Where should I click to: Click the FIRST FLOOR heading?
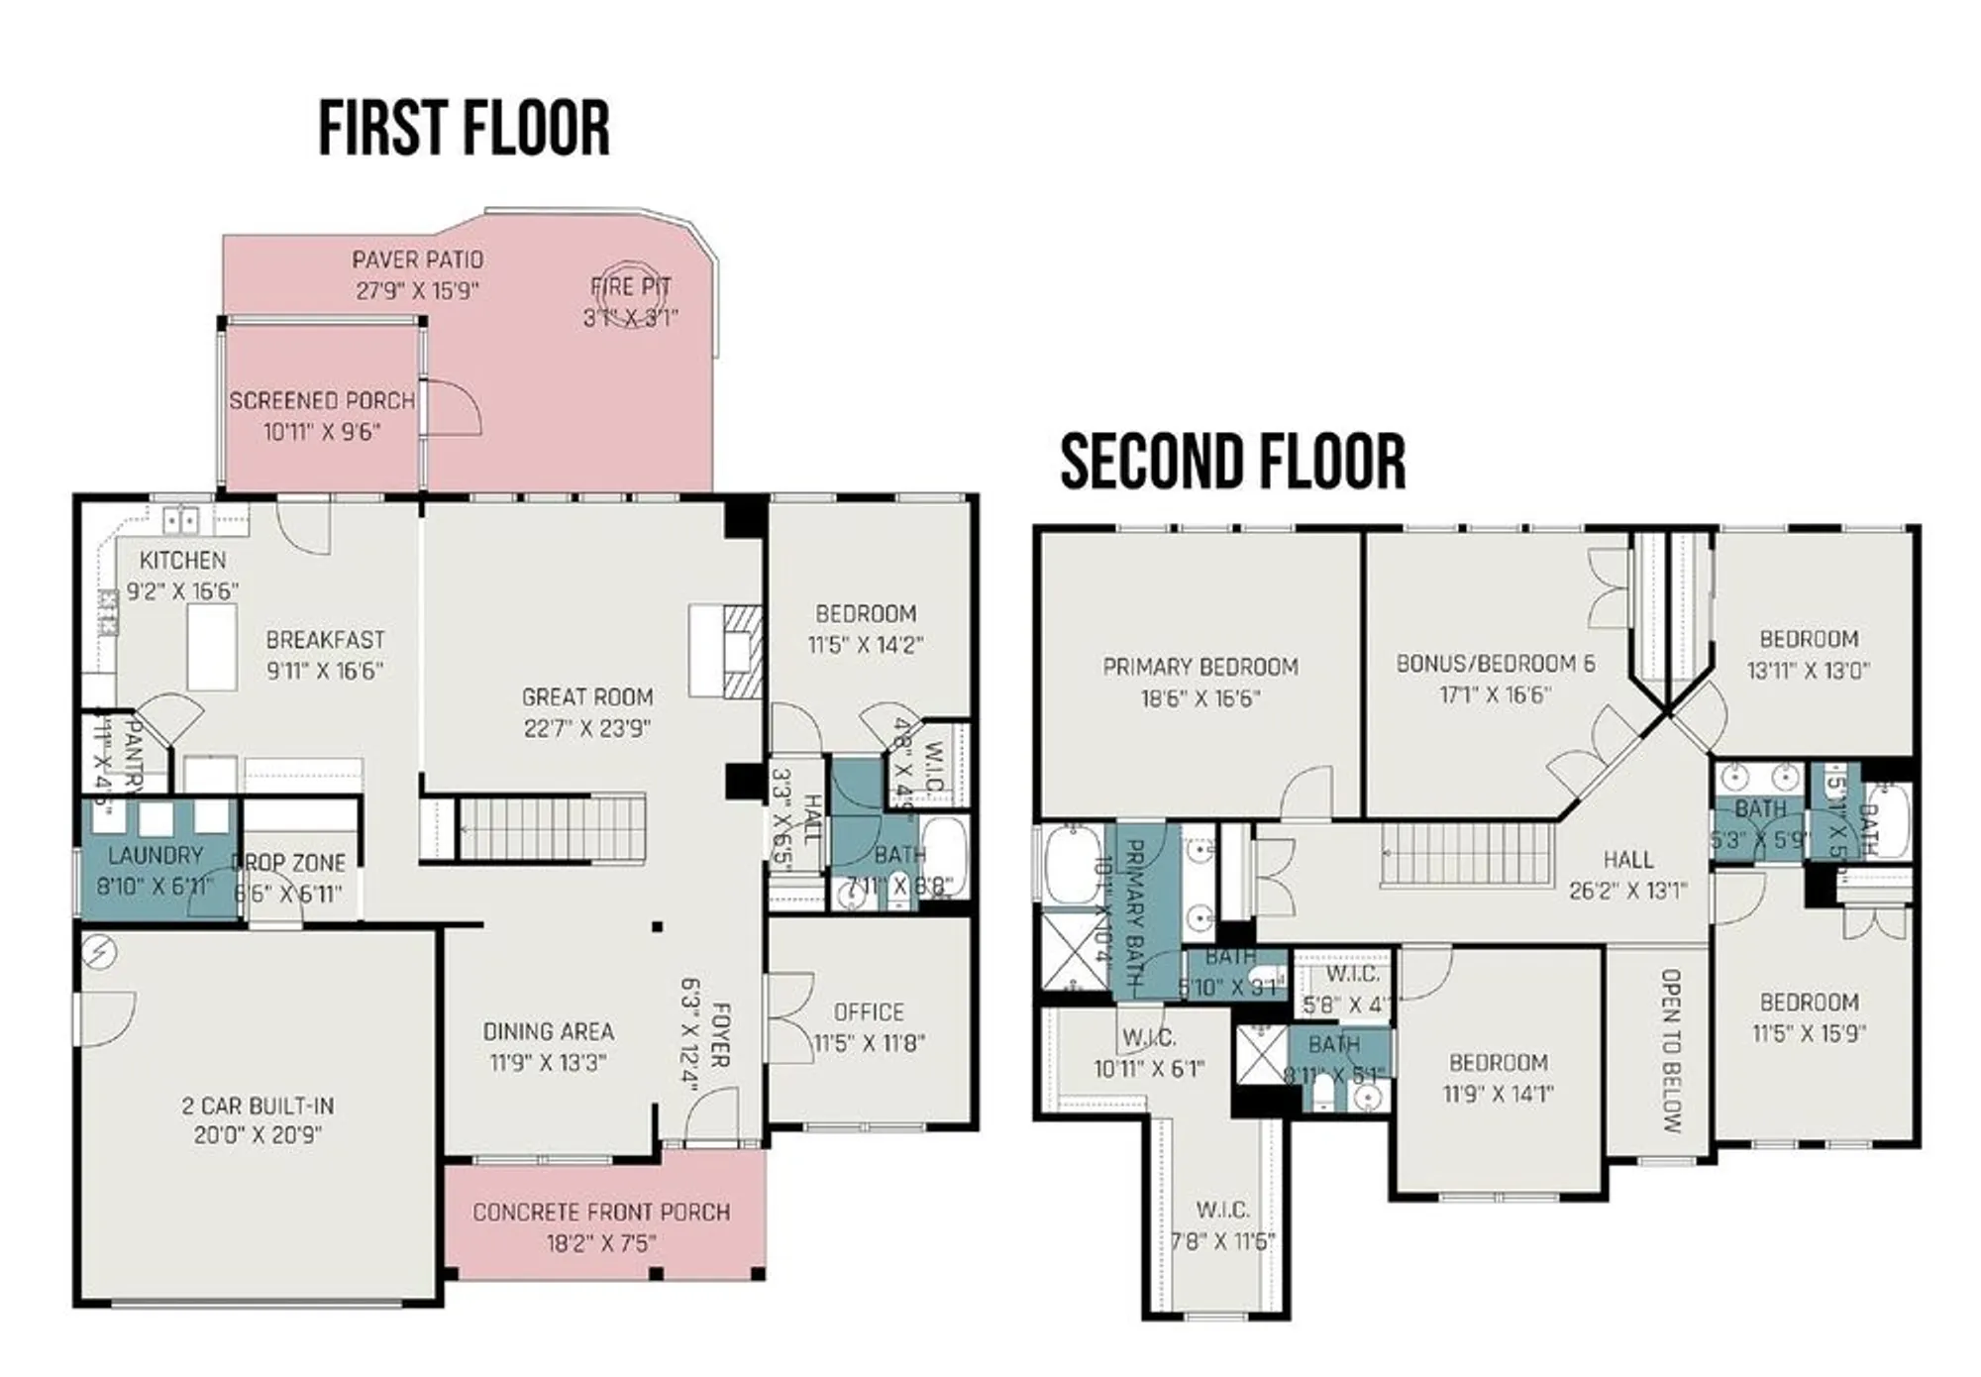pos(464,129)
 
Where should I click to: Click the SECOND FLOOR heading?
pos(1232,462)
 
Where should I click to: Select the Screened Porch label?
pos(322,401)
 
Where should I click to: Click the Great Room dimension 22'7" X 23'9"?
pos(586,729)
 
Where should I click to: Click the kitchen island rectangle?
pos(212,647)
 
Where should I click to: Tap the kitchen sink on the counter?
pos(180,520)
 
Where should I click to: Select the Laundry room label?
pos(156,856)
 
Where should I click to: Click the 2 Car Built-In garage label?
pos(258,1106)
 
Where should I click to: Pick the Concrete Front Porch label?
pos(601,1213)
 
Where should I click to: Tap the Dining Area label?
pos(548,1032)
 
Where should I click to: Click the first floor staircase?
pos(550,828)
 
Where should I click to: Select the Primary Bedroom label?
pos(1200,668)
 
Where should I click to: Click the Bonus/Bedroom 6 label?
pos(1496,664)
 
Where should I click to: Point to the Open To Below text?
pos(1670,1050)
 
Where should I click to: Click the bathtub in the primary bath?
pos(1073,866)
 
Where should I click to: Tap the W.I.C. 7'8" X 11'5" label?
pos(1222,1211)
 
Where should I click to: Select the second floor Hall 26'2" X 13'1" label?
pos(1627,860)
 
